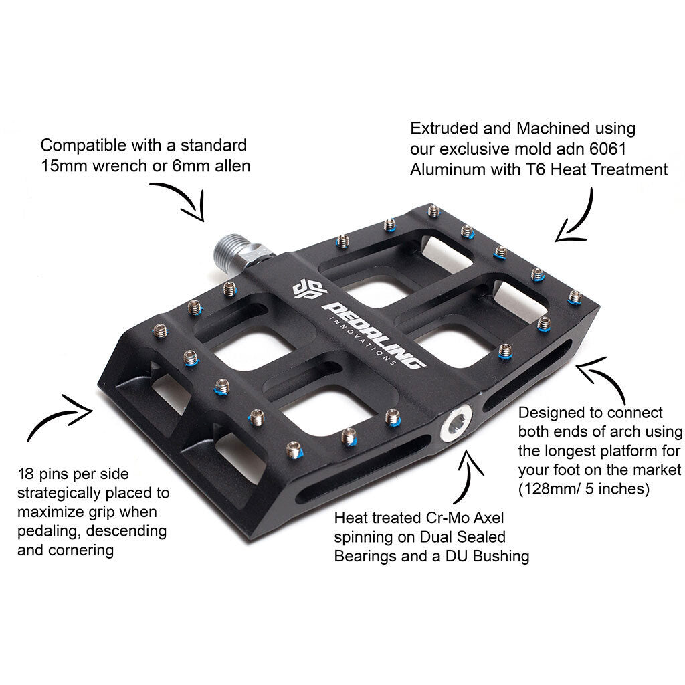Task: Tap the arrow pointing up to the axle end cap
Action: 469,472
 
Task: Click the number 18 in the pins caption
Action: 26,474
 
